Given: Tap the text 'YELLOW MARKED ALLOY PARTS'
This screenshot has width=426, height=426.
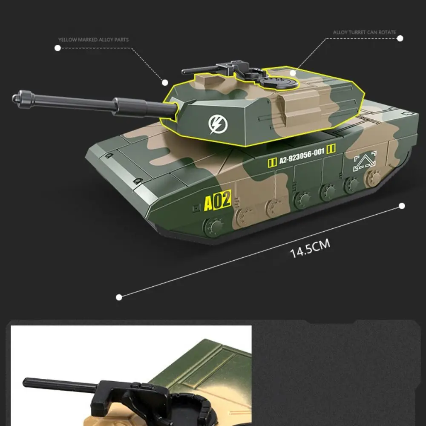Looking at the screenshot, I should coord(93,40).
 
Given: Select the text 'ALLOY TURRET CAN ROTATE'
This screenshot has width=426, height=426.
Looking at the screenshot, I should coord(364,32).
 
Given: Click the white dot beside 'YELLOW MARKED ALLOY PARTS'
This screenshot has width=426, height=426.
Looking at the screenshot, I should coord(58,48).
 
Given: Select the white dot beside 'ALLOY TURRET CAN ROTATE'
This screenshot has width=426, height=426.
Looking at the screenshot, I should coord(400,38).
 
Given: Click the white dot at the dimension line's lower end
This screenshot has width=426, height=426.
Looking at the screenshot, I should coord(119,297).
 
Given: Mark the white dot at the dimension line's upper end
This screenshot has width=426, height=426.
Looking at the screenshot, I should coord(401,206).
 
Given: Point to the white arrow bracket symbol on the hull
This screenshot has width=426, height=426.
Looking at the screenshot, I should coord(365,163).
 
